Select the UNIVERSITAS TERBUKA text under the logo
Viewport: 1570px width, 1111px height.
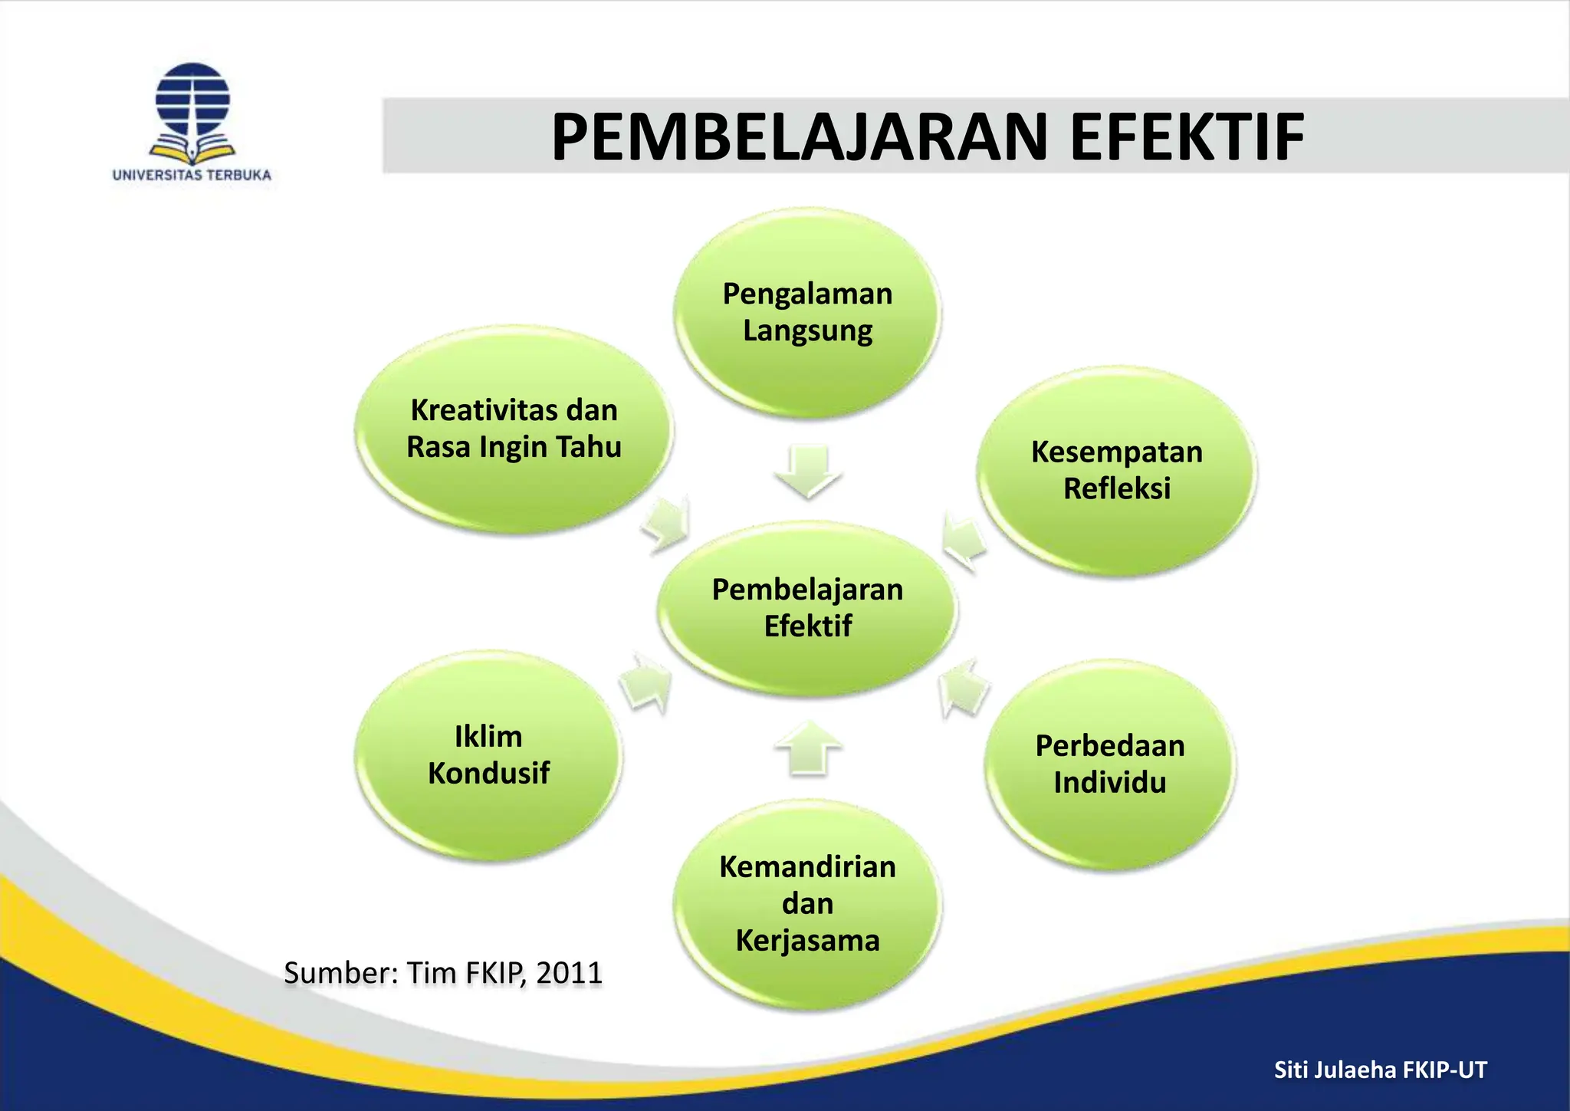[x=192, y=175]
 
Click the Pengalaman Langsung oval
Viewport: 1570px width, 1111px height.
[x=807, y=313]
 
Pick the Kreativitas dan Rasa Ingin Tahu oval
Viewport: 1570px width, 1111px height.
[x=514, y=429]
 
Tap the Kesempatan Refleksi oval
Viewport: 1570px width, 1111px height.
[x=1116, y=470]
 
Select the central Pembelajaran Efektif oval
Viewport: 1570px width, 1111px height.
[x=807, y=608]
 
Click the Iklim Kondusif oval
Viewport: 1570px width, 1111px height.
[x=488, y=755]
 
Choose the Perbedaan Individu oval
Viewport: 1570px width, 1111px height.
[x=1109, y=764]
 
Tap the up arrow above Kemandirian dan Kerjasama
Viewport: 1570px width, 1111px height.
[x=808, y=747]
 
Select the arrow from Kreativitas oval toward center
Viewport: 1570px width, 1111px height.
[x=667, y=525]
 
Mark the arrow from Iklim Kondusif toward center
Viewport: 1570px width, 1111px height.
[x=646, y=682]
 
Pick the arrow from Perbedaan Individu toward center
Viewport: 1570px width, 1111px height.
[x=964, y=687]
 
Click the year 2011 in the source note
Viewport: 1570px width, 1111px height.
[x=569, y=973]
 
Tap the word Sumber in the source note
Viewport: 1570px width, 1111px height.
[x=338, y=973]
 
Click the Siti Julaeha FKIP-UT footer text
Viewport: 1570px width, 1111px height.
[x=1380, y=1070]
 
